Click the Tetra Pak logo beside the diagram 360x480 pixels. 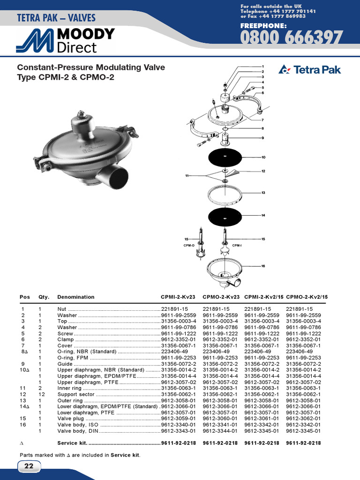[x=310, y=70]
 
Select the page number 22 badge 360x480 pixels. [x=29, y=466]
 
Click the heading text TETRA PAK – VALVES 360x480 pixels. [x=56, y=18]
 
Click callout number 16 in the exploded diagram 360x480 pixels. [x=263, y=266]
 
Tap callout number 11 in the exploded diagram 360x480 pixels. [x=187, y=175]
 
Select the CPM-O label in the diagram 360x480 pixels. [x=189, y=245]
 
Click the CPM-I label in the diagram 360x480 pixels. [x=237, y=245]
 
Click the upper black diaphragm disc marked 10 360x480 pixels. [x=225, y=156]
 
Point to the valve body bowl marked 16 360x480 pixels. [x=224, y=270]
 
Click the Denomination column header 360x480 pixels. [x=75, y=297]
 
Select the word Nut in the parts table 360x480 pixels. [x=62, y=309]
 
